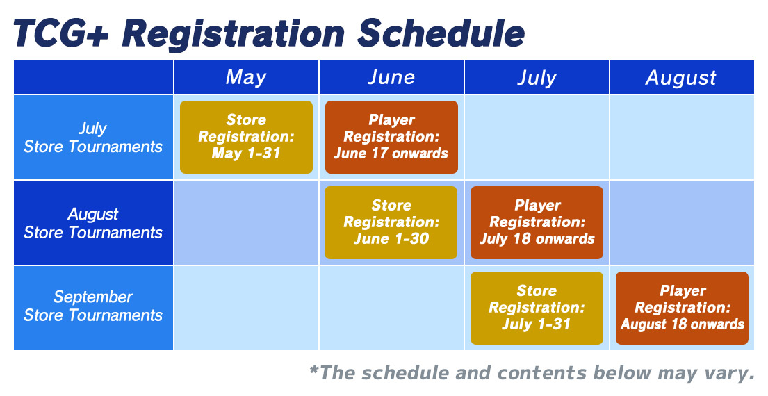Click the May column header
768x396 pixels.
point(246,77)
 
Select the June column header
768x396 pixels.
point(391,77)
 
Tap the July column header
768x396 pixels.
point(537,77)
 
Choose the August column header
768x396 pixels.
point(682,77)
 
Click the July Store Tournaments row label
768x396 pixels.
point(93,137)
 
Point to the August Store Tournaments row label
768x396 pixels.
point(93,223)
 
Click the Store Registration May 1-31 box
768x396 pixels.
point(246,137)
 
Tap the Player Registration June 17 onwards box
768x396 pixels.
point(391,137)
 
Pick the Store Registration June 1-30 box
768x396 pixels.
point(391,223)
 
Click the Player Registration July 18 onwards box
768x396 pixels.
point(537,223)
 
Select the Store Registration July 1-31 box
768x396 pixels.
point(537,308)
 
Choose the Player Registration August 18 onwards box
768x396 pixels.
point(683,308)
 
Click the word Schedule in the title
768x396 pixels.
point(441,34)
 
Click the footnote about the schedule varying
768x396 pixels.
point(532,373)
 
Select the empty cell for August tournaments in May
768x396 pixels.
point(246,223)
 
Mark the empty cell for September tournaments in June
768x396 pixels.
point(391,308)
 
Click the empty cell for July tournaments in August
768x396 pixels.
point(682,137)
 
